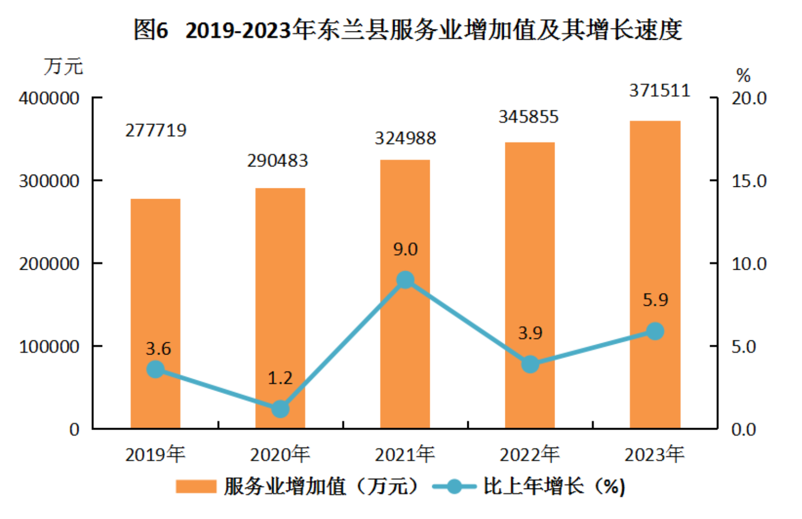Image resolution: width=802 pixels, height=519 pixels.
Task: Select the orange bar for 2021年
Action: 405,294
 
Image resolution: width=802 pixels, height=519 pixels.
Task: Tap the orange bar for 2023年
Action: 655,275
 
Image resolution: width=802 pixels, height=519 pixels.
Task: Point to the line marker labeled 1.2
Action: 280,409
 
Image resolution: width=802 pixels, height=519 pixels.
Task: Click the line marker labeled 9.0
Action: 405,280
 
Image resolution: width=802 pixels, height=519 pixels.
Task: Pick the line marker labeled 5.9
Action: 655,331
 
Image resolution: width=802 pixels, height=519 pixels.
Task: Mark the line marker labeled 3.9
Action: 530,364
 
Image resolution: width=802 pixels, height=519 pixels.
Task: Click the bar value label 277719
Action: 156,131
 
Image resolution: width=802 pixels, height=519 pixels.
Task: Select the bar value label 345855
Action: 528,117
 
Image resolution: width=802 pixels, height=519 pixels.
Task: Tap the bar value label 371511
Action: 660,91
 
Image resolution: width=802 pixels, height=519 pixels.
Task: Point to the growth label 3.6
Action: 158,349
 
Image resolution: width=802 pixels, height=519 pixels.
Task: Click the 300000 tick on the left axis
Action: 49,181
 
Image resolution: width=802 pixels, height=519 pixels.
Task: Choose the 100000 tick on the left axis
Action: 49,347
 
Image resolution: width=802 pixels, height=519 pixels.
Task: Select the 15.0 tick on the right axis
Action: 749,181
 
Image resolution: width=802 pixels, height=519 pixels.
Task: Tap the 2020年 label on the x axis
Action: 280,455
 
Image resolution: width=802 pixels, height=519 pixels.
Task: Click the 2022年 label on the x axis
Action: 529,455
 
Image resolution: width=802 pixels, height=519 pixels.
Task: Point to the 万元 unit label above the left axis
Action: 63,67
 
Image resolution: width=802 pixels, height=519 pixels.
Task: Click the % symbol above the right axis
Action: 743,76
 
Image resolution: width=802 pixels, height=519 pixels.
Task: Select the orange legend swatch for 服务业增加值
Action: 196,486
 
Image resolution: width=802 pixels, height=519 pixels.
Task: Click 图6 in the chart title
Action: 150,30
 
